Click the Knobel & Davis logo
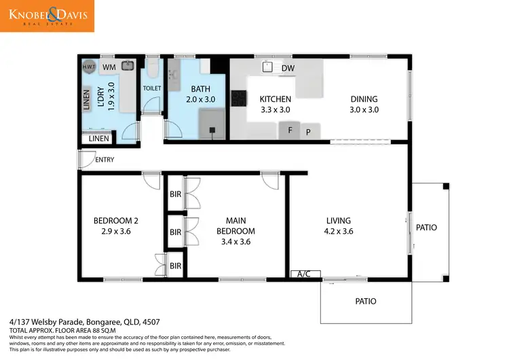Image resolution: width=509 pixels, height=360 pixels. pyautogui.click(x=48, y=16)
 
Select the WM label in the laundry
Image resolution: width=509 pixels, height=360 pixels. pyautogui.click(x=108, y=67)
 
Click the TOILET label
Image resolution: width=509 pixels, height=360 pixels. pyautogui.click(x=152, y=88)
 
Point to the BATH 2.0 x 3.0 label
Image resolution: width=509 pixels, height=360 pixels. pyautogui.click(x=200, y=94)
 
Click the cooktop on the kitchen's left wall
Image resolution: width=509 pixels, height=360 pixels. pyautogui.click(x=239, y=98)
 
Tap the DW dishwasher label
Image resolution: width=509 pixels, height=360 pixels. pyautogui.click(x=288, y=68)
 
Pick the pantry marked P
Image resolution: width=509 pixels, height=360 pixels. pyautogui.click(x=308, y=132)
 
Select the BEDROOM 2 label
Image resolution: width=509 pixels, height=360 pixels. pyautogui.click(x=115, y=226)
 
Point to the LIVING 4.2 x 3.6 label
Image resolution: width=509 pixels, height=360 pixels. pyautogui.click(x=338, y=226)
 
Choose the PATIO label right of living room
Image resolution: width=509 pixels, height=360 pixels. pyautogui.click(x=426, y=228)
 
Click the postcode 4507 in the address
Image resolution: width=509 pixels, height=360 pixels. pyautogui.click(x=151, y=321)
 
